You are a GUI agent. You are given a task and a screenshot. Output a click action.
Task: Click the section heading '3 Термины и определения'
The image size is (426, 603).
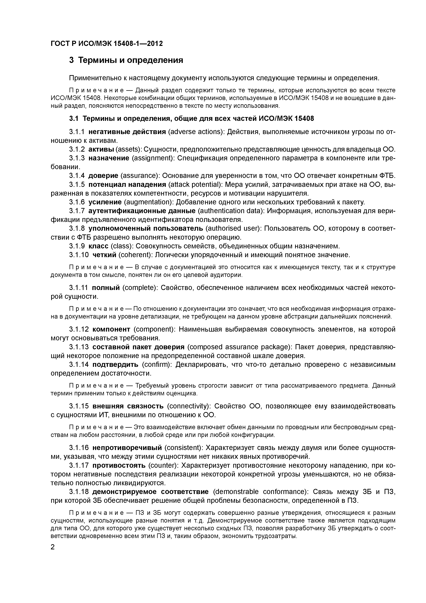(x=126, y=60)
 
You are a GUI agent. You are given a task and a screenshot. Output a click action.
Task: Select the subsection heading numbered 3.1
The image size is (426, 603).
(x=191, y=119)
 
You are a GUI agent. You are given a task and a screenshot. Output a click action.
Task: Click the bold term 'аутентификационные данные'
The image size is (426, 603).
(x=142, y=211)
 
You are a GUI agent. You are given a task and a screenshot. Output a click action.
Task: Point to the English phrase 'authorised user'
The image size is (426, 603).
(x=233, y=228)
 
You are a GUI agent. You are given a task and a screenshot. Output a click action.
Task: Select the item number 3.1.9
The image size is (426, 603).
(x=77, y=246)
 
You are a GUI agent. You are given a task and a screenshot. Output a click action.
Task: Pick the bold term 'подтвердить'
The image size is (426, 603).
(x=115, y=365)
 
